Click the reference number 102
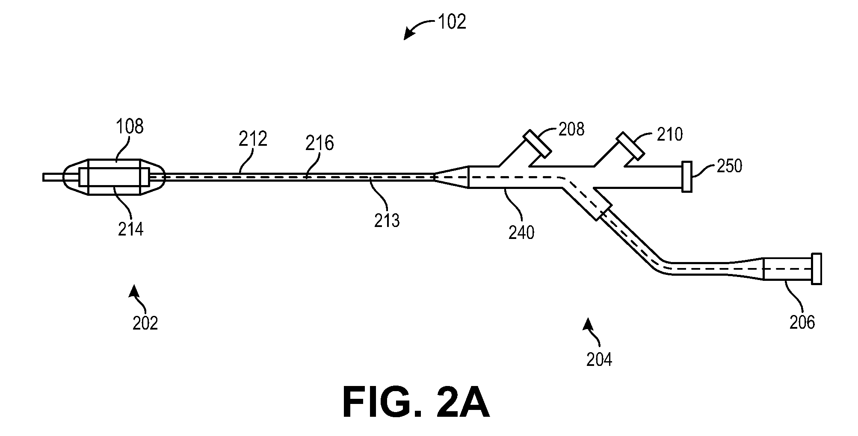coord(452,22)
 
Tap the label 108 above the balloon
coord(130,127)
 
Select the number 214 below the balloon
coord(131,229)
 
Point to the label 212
coord(253,139)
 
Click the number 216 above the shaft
coord(320,143)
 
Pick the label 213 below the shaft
coord(386,220)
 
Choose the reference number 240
coord(521,233)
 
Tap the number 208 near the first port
coord(571,129)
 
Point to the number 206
coord(802,322)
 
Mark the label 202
coord(145,323)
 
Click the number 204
coord(599,360)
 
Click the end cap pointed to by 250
coord(687,177)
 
